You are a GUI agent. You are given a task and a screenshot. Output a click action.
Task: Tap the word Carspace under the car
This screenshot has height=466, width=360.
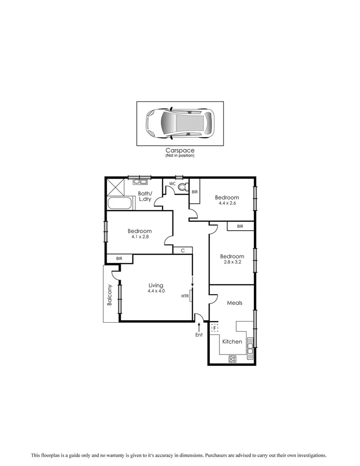pos(179,150)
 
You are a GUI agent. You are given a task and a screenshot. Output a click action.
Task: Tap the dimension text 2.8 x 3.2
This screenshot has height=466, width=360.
pos(232,262)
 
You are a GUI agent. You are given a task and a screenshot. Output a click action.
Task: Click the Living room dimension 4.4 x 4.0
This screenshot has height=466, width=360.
pos(156,291)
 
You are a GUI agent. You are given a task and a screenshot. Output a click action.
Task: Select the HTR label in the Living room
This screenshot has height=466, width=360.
pos(185,296)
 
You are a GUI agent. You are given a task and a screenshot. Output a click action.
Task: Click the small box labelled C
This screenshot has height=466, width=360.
pos(183,250)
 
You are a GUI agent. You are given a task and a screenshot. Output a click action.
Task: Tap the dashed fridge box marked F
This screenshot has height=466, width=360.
pos(215,328)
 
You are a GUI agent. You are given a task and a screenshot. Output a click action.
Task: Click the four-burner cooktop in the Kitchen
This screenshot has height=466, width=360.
pos(233,358)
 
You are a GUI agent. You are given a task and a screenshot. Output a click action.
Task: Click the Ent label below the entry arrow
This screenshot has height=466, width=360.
pos(199,335)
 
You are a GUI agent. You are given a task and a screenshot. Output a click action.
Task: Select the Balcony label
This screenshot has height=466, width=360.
pos(109,297)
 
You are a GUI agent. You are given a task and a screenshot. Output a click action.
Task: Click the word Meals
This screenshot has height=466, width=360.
pos(235,303)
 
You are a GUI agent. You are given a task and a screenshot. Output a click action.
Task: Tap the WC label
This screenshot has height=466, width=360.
pos(172,184)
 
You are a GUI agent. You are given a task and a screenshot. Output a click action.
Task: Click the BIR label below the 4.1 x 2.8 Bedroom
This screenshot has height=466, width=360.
pos(119,258)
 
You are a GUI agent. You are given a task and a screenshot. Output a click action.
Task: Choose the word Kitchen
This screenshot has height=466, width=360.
pos(232,342)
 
